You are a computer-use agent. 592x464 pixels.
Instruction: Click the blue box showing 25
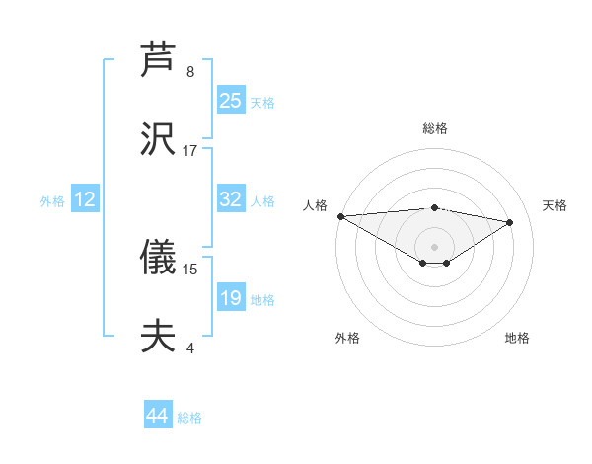pyautogui.click(x=231, y=100)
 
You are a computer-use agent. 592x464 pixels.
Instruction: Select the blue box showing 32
pyautogui.click(x=231, y=199)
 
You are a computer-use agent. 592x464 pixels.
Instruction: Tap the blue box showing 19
pyautogui.click(x=231, y=298)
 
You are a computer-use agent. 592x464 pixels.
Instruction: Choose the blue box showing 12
pyautogui.click(x=85, y=199)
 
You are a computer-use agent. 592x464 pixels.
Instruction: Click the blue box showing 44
pyautogui.click(x=158, y=416)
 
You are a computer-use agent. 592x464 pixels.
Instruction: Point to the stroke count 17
pyautogui.click(x=190, y=151)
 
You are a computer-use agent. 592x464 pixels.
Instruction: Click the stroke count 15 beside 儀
pyautogui.click(x=190, y=269)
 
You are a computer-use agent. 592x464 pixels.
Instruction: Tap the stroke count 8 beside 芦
pyautogui.click(x=190, y=71)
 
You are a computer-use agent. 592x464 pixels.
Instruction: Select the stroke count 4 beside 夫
pyautogui.click(x=190, y=348)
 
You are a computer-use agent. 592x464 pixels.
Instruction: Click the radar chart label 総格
pyautogui.click(x=435, y=128)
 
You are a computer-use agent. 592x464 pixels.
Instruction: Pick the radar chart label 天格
pyautogui.click(x=555, y=205)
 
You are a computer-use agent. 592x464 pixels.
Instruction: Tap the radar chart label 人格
pyautogui.click(x=315, y=205)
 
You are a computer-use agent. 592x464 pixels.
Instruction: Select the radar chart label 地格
pyautogui.click(x=517, y=338)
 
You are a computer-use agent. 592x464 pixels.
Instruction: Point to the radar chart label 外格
pyautogui.click(x=347, y=338)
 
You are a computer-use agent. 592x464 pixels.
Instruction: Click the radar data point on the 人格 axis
pyautogui.click(x=340, y=216)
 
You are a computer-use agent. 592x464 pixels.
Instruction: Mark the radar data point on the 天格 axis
pyautogui.click(x=510, y=222)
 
